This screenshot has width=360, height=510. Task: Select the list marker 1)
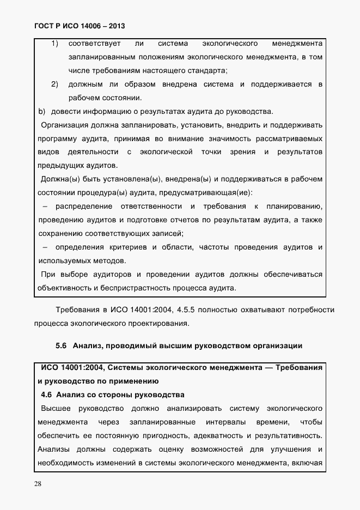click(x=55, y=43)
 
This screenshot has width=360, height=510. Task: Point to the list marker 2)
click(x=55, y=84)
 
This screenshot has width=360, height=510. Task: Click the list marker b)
click(x=41, y=112)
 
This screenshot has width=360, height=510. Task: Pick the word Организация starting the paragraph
click(x=63, y=125)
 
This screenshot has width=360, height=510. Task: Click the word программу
click(x=57, y=139)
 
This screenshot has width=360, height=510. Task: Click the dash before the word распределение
click(x=45, y=206)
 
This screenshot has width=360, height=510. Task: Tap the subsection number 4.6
click(x=46, y=394)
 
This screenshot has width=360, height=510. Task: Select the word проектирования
click(x=160, y=323)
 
